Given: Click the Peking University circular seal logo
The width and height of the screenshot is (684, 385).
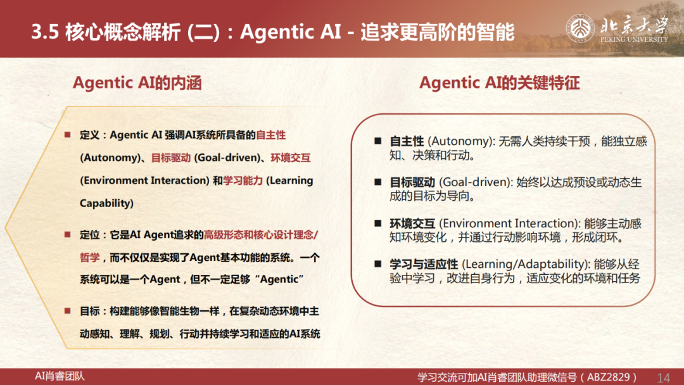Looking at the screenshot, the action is click(x=579, y=28).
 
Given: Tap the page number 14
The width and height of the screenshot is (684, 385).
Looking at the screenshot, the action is click(x=663, y=377).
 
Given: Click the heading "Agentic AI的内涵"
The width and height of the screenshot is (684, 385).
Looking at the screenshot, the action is click(x=137, y=83).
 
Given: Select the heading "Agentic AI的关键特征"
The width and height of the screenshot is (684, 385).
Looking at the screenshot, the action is click(x=500, y=83).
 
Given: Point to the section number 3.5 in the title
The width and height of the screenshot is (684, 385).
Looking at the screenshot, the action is click(x=46, y=32).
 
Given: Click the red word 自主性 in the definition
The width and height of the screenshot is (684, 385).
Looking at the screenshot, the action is click(x=271, y=135).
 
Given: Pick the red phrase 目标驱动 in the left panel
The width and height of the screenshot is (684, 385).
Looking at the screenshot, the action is click(x=171, y=158).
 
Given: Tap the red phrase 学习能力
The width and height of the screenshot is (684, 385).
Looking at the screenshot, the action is click(x=243, y=180).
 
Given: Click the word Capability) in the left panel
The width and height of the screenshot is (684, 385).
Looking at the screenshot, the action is click(x=106, y=203).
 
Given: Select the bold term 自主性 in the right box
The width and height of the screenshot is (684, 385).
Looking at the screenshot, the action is click(x=407, y=141).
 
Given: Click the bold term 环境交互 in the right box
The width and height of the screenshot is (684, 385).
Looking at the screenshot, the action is click(x=412, y=224).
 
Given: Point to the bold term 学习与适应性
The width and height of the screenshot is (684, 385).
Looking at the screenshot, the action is click(x=424, y=264).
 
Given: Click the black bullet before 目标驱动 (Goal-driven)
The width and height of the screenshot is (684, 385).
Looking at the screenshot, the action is click(x=377, y=182).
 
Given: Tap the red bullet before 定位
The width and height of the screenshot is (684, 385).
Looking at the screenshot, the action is click(x=68, y=234).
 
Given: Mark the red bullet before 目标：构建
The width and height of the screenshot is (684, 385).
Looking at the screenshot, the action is click(x=68, y=311).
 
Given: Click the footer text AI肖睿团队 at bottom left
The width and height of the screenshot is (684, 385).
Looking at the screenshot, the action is click(x=60, y=376).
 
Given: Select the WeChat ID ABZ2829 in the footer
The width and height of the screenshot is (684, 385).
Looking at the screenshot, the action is click(x=609, y=377).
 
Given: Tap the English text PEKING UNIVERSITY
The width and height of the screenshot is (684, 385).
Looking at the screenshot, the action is click(x=634, y=39).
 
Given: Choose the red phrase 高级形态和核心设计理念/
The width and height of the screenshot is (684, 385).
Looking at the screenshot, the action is click(x=261, y=235).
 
